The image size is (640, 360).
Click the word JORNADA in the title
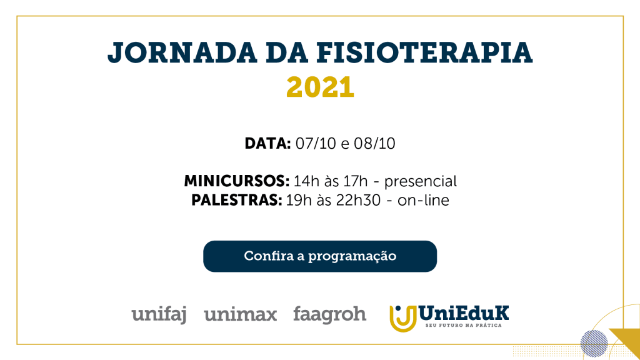(182, 53)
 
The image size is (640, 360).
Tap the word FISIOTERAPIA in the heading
(424, 52)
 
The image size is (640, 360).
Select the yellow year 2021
(320, 87)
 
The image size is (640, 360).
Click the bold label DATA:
(267, 144)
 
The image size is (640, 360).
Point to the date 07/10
(316, 144)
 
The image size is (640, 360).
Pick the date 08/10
(374, 144)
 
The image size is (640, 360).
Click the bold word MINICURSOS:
(236, 181)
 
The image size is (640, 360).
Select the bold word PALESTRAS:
(236, 201)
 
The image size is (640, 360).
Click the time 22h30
(358, 201)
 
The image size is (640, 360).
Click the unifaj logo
(159, 315)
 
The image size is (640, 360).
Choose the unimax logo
(241, 315)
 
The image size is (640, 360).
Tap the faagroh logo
(329, 315)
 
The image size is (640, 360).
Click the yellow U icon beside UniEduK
(403, 318)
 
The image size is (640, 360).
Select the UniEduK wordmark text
(464, 313)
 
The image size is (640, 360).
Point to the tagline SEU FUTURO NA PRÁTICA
(463, 325)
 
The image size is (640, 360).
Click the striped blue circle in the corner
(594, 344)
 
